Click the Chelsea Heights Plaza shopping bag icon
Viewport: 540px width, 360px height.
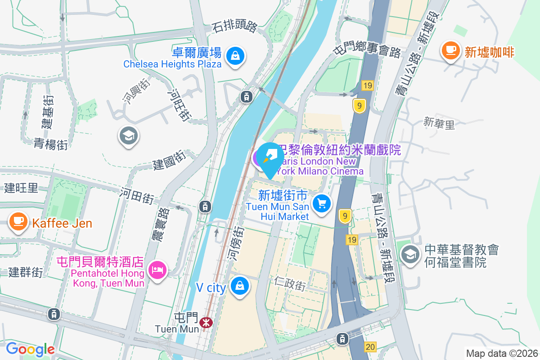[235, 56]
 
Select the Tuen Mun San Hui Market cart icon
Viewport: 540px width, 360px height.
[322, 203]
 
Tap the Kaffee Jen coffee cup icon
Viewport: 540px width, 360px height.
[18, 221]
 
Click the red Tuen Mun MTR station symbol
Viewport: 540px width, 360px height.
[207, 322]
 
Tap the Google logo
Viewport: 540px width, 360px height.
[30, 349]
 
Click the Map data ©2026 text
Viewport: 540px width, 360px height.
[501, 354]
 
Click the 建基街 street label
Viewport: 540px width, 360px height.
[47, 111]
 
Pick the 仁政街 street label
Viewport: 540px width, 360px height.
[290, 283]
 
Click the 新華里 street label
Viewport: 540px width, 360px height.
[439, 123]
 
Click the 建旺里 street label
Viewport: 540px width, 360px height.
[21, 188]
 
